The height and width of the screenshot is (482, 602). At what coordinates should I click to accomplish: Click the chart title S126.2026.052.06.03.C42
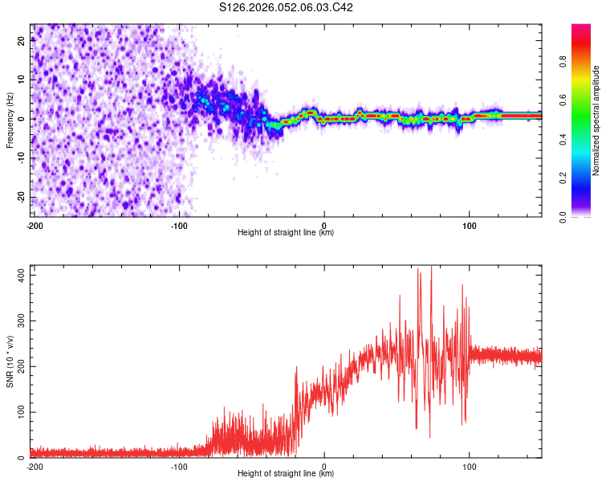coord(287,7)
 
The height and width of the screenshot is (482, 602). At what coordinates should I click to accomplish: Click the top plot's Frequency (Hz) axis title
coord(10,120)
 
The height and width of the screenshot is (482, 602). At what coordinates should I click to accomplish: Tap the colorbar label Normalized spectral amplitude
coord(596,120)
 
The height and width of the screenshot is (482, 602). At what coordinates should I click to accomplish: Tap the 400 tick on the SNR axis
coord(19,275)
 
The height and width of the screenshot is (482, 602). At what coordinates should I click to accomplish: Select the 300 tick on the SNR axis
coord(19,321)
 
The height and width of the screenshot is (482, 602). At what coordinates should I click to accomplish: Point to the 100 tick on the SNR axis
coord(19,412)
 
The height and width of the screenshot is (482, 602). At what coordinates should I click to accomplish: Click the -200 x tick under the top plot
coord(35,226)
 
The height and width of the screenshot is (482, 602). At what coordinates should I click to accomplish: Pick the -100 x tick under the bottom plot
coord(179,467)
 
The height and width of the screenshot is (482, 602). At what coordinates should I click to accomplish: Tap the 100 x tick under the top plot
coord(469,226)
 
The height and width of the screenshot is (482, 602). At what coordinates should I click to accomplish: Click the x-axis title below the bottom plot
coord(287,474)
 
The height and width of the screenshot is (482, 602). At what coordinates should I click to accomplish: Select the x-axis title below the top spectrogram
coord(287,233)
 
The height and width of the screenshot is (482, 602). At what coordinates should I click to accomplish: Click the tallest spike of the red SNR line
coord(431,268)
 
